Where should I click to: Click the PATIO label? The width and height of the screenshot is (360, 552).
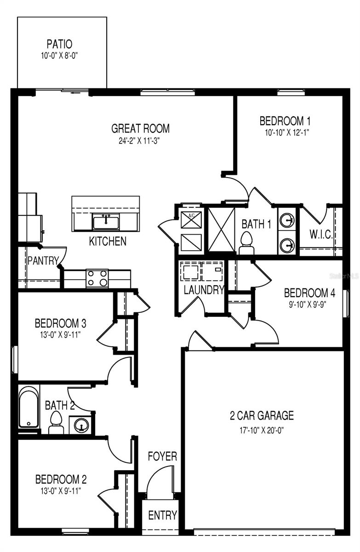click(x=59, y=45)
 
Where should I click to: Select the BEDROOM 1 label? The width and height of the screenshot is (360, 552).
click(x=285, y=121)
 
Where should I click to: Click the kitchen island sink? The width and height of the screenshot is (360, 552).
click(x=106, y=221)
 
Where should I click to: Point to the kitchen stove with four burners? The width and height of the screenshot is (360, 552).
click(x=97, y=278)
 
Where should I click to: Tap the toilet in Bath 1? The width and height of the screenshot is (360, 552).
click(x=246, y=242)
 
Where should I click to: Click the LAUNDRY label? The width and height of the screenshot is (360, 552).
click(x=204, y=290)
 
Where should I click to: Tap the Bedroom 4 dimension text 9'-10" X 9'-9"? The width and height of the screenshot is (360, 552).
click(x=306, y=304)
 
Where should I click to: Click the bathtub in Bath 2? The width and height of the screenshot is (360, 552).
click(x=29, y=407)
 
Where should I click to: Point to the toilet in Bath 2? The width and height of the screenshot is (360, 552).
click(x=56, y=422)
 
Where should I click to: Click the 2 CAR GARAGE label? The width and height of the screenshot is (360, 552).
click(x=262, y=416)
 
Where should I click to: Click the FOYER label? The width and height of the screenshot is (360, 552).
click(x=162, y=456)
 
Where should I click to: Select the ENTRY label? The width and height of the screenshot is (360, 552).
click(x=162, y=515)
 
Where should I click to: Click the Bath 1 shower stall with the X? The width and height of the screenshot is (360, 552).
click(x=222, y=229)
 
